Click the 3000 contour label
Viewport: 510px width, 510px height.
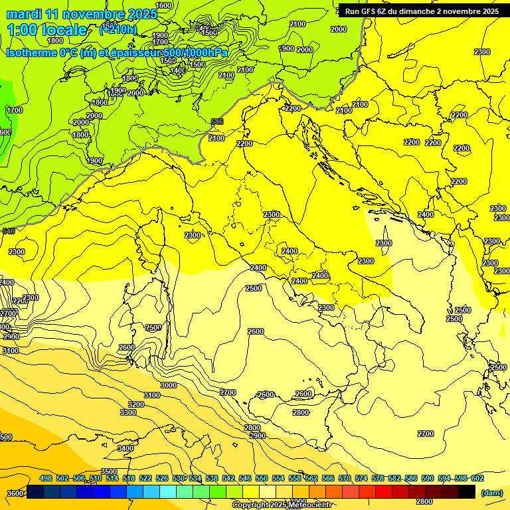point(169,385)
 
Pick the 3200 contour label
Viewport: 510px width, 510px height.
point(135,404)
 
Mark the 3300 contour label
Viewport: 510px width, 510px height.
point(128,413)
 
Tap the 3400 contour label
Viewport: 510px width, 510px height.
point(125,449)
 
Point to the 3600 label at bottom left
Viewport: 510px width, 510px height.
point(15,493)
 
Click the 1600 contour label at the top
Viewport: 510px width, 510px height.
point(163,5)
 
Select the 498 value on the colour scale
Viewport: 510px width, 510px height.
point(46,478)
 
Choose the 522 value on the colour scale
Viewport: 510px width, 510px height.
point(145,478)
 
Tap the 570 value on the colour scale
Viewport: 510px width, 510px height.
point(345,478)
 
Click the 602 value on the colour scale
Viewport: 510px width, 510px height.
point(477,478)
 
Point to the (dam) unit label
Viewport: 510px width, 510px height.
point(491,492)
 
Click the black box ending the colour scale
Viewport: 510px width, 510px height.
point(467,492)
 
